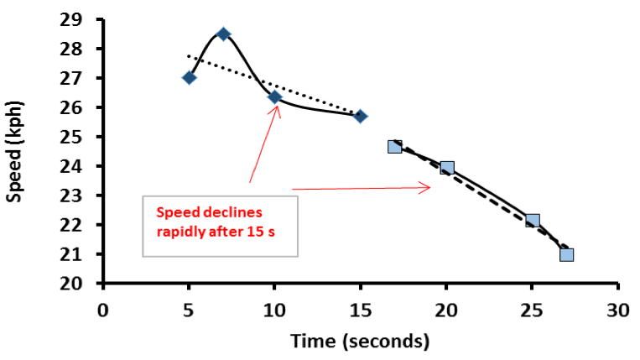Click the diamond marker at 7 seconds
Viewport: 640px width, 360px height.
click(x=223, y=34)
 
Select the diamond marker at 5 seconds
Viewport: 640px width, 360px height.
click(x=189, y=78)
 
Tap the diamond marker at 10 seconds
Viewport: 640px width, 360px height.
click(x=274, y=97)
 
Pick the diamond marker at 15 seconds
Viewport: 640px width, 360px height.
click(x=360, y=116)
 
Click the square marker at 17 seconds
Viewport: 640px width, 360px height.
click(x=395, y=146)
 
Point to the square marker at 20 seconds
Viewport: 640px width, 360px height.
click(x=446, y=168)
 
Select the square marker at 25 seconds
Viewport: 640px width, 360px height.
click(x=532, y=221)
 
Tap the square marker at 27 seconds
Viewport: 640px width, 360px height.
click(x=566, y=254)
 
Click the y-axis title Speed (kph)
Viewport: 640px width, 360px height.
click(x=15, y=152)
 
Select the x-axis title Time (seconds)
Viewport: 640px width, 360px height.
click(x=360, y=341)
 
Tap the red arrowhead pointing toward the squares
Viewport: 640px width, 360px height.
click(x=427, y=188)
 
